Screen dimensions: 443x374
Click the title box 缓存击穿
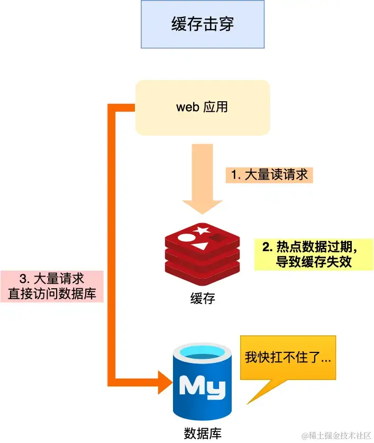pyautogui.click(x=202, y=24)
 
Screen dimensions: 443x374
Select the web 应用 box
pyautogui.click(x=203, y=107)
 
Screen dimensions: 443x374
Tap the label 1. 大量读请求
pyautogui.click(x=269, y=174)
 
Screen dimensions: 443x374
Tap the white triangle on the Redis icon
pyautogui.click(x=200, y=246)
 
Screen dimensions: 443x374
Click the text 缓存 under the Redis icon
pyautogui.click(x=203, y=298)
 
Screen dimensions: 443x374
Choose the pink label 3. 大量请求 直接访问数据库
pyautogui.click(x=51, y=286)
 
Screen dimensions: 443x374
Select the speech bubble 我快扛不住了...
pyautogui.click(x=288, y=358)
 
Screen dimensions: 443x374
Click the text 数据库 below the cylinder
pyautogui.click(x=203, y=432)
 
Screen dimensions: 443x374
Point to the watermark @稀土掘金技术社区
pyautogui.click(x=336, y=435)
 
